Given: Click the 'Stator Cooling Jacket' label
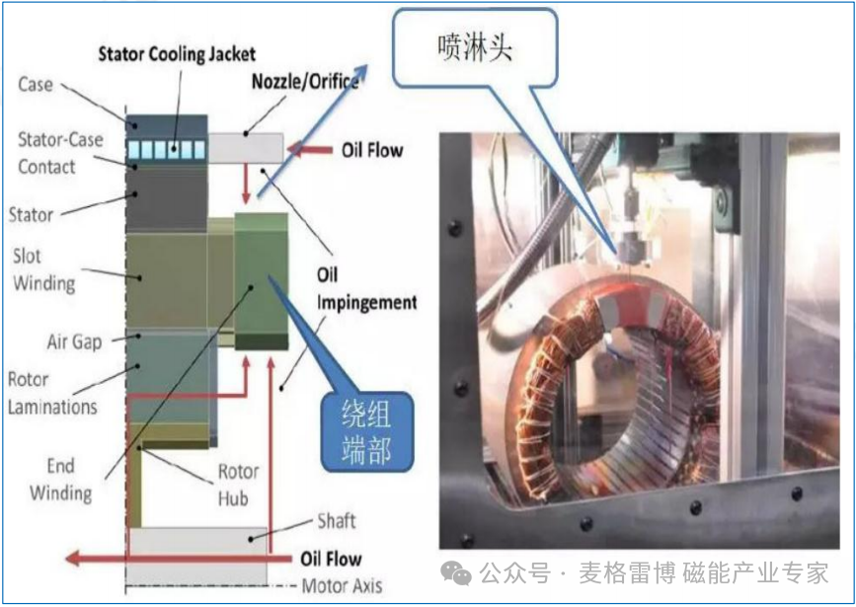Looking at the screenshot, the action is (x=177, y=54).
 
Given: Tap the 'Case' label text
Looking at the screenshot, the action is (x=36, y=84).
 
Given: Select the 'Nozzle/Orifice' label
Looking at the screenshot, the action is (x=305, y=82).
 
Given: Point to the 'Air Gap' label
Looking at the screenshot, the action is (x=74, y=342).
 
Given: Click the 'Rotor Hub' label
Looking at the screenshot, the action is (x=238, y=485).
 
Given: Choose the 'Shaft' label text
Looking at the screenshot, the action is (x=337, y=521).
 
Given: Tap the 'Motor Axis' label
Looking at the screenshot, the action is (x=342, y=585).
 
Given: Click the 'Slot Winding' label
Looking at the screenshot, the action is (x=44, y=269).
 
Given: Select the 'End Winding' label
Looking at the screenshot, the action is (x=60, y=480).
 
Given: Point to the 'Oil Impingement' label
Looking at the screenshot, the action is (x=367, y=288).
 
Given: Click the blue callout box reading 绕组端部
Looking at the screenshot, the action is (x=367, y=431).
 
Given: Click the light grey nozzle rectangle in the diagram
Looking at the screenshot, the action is (x=246, y=148).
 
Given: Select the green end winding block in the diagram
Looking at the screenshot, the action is (x=261, y=281).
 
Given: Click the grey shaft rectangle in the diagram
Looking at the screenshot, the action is (x=197, y=556).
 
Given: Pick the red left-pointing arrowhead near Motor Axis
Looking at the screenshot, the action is (x=73, y=559).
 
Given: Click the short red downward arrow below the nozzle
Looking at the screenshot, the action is (x=246, y=184).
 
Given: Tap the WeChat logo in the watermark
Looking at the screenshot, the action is (x=455, y=573).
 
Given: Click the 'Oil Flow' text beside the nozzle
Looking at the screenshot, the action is (x=372, y=150).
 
